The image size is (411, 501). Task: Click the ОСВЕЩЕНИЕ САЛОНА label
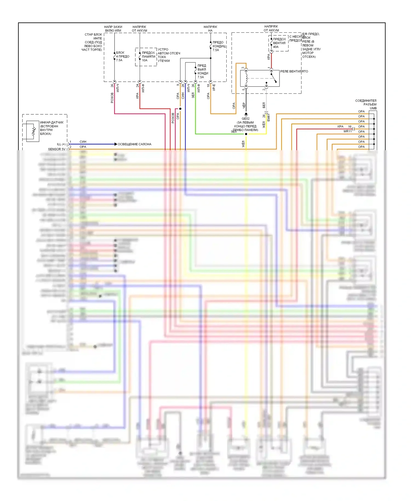point(134,144)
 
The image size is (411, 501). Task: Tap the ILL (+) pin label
point(61,144)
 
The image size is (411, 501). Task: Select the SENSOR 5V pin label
point(57,149)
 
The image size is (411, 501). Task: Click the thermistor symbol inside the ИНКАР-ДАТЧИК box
point(34,131)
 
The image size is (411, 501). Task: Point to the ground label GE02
point(246,119)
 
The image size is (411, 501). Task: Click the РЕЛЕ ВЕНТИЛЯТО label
point(294,71)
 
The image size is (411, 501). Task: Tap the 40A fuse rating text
point(276,47)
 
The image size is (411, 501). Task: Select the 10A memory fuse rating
point(145,60)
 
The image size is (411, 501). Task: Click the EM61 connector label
point(269,118)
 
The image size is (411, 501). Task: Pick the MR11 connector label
point(347,131)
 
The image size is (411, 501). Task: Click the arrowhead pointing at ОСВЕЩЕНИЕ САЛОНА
point(116,144)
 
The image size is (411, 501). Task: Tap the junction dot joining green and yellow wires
point(246,134)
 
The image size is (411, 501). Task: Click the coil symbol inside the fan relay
point(246,78)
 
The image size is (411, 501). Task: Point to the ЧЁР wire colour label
point(244,106)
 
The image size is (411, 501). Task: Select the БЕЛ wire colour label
point(264,105)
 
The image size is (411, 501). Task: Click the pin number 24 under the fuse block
point(138,86)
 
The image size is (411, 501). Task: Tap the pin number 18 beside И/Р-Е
point(208,86)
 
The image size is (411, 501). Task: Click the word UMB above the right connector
point(373,108)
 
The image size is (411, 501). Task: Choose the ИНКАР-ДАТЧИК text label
point(52,123)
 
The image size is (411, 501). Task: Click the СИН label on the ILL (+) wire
point(83,142)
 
